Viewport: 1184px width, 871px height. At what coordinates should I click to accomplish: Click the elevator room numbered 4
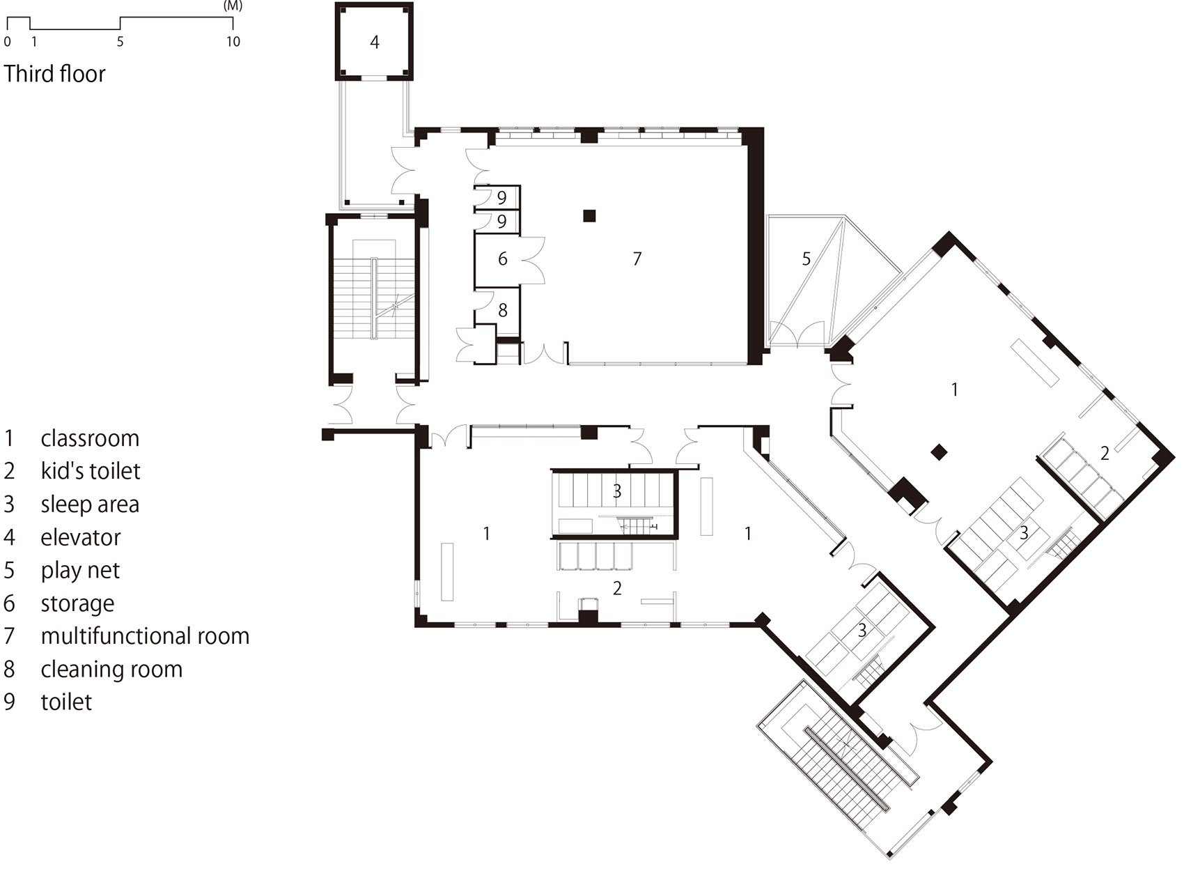coord(374,42)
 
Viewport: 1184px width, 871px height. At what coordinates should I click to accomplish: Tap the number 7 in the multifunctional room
coord(637,259)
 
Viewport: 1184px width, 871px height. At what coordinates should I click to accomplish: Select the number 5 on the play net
coord(806,259)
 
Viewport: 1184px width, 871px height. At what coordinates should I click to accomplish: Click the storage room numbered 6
coord(497,260)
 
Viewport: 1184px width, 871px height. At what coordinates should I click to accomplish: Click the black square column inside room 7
coord(589,216)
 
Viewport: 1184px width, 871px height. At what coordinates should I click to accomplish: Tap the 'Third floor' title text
coord(55,73)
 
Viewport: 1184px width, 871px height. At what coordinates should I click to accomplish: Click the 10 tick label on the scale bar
coord(233,41)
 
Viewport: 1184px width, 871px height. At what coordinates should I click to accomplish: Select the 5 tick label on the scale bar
coord(120,41)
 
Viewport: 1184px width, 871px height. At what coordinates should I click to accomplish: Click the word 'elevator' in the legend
coord(81,537)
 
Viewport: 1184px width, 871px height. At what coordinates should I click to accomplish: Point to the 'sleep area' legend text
coord(90,504)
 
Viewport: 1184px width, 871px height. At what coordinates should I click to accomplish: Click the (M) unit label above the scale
coord(233,6)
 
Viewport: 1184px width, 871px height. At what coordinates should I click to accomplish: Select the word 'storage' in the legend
coord(78,603)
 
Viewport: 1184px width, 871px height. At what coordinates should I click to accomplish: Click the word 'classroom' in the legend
coord(90,438)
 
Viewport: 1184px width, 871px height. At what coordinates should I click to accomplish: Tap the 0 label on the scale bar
coord(8,41)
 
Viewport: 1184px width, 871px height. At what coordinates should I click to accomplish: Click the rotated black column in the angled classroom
coord(939,452)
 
